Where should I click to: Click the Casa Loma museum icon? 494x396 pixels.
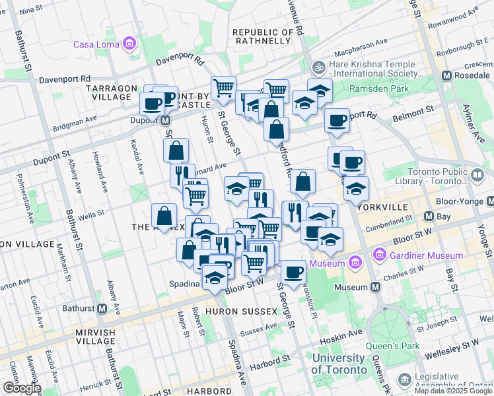tap(129, 45)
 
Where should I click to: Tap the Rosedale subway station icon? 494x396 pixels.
tap(447, 76)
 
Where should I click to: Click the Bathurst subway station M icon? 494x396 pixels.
tap(102, 308)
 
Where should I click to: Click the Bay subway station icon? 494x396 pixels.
tap(429, 216)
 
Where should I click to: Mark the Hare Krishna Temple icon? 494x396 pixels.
tap(318, 67)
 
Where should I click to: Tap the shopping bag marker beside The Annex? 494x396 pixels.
tap(164, 216)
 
